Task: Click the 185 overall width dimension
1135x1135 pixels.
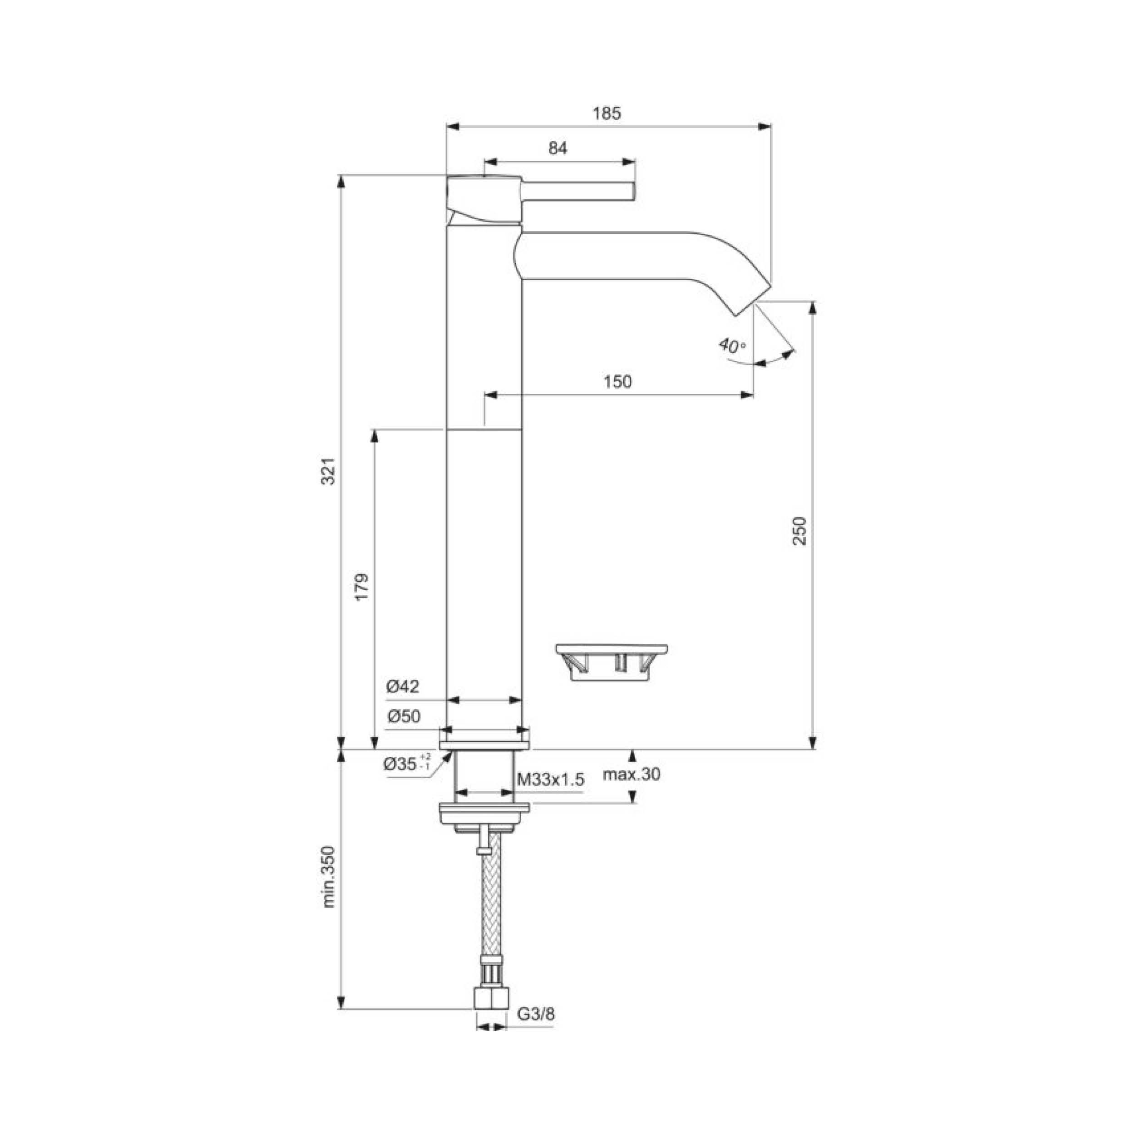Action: point(607,113)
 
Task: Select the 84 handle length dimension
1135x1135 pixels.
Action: point(558,148)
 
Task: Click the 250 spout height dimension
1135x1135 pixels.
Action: point(799,531)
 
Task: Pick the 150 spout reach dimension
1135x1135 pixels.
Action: point(617,382)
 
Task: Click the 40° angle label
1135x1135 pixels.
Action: point(732,345)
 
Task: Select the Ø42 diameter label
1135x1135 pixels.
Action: point(403,686)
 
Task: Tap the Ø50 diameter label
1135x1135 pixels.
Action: point(403,716)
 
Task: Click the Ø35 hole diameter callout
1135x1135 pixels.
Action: point(406,764)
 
